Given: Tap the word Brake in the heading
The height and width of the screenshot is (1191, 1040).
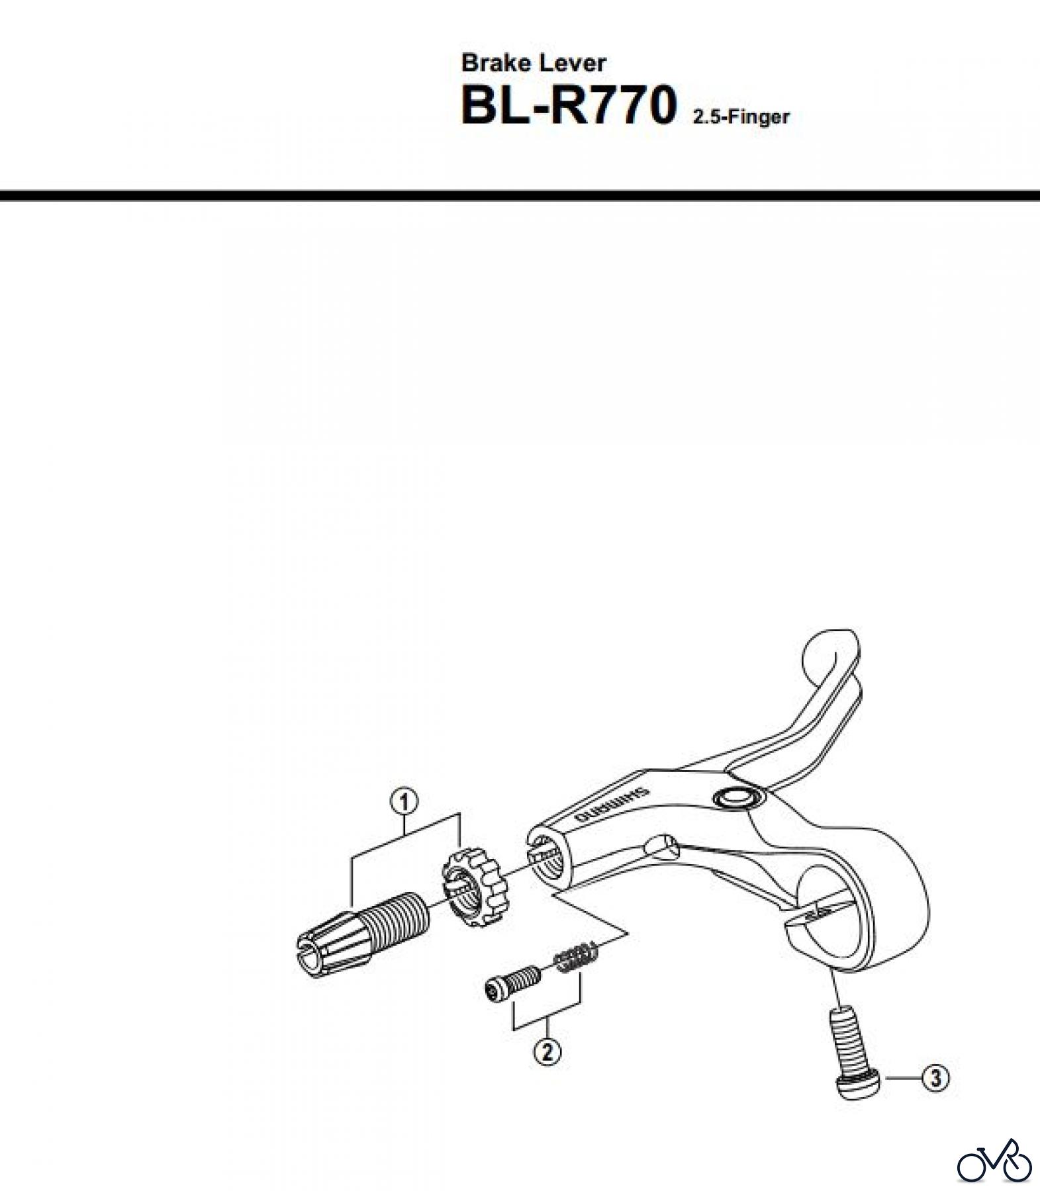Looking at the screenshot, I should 496,63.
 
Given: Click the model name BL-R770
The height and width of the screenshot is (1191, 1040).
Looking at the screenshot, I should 568,107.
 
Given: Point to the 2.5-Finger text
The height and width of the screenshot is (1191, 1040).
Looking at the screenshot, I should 741,118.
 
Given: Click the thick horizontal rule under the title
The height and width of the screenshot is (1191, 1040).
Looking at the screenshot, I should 520,195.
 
